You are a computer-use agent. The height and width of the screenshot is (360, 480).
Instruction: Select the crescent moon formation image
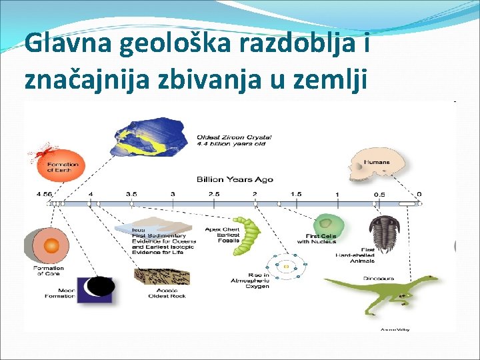tap(96, 289)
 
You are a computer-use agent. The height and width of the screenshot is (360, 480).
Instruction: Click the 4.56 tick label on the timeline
tap(45, 194)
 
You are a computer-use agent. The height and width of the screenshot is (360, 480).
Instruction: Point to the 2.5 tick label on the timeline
tap(213, 194)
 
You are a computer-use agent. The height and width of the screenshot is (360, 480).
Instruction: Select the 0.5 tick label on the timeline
tap(378, 194)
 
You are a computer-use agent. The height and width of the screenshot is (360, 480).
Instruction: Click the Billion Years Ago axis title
tap(235, 179)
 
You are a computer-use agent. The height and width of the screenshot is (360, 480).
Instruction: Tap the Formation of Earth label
tap(63, 167)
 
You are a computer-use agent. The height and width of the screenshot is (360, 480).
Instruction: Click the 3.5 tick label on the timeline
tap(131, 194)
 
